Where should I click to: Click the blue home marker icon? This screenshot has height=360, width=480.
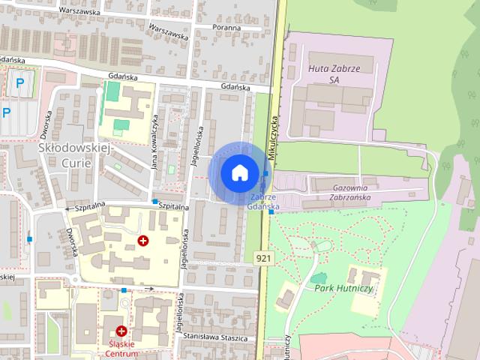[x=239, y=172]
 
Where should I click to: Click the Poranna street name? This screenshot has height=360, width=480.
[x=226, y=28]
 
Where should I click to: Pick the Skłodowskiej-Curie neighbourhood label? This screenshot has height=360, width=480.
[x=74, y=155]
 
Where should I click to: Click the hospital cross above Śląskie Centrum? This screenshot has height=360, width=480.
[x=121, y=330]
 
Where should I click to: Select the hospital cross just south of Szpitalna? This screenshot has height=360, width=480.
[x=142, y=241]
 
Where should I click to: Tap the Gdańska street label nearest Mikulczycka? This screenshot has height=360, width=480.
[x=234, y=87]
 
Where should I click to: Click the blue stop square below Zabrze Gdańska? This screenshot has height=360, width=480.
[x=271, y=211]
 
